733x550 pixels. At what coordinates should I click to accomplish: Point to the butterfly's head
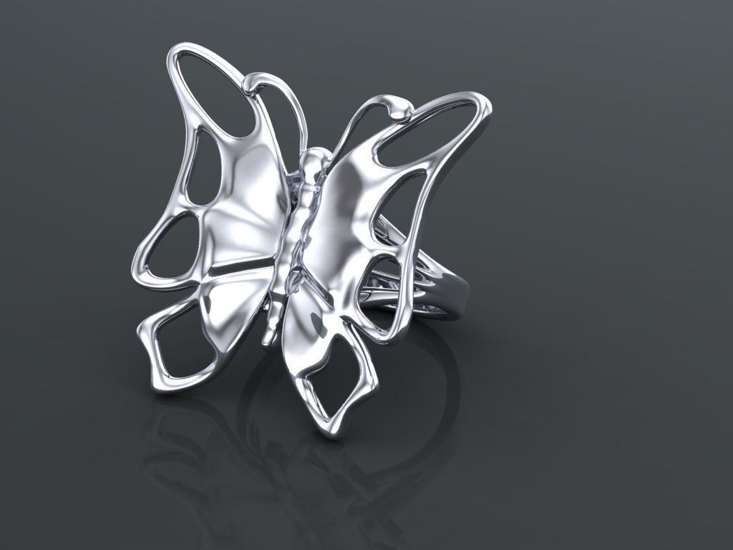[x=313, y=159]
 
